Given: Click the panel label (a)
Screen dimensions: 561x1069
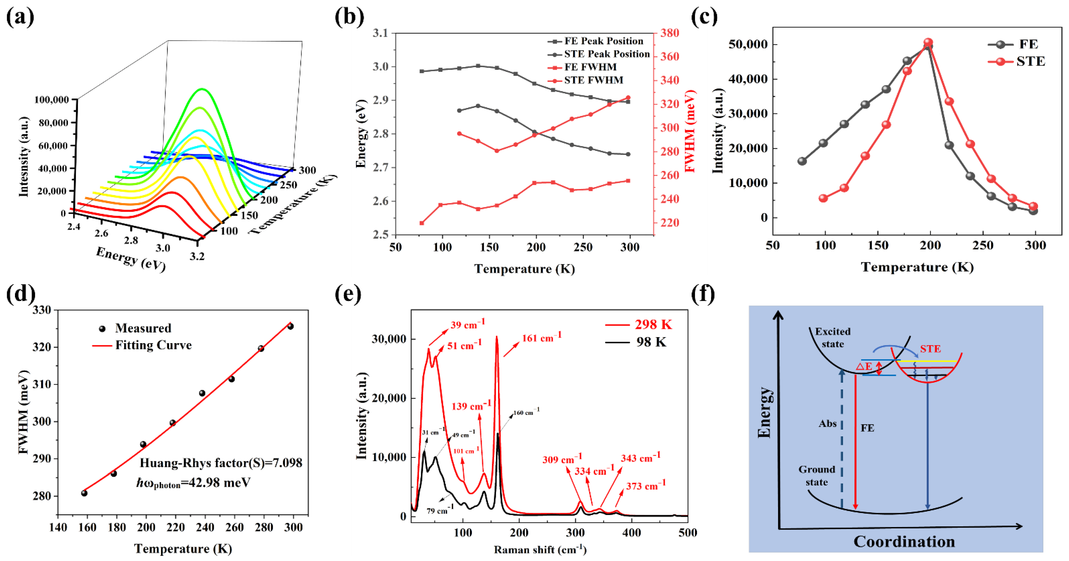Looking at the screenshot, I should pos(20,17).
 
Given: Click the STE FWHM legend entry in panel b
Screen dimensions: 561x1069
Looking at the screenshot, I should pos(593,80).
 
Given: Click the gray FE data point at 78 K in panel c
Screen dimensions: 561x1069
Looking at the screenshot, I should pos(802,161).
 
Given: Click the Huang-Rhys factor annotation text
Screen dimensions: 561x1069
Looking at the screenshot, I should pos(221,463).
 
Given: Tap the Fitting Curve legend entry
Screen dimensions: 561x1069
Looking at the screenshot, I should pos(153,345).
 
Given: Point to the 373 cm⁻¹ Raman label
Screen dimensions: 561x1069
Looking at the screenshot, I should pos(645,486).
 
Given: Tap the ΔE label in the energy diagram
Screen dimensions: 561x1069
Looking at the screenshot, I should pos(864,366).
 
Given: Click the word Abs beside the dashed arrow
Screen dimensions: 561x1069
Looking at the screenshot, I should pos(827,424).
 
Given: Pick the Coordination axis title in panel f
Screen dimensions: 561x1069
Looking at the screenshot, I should pos(904,542).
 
